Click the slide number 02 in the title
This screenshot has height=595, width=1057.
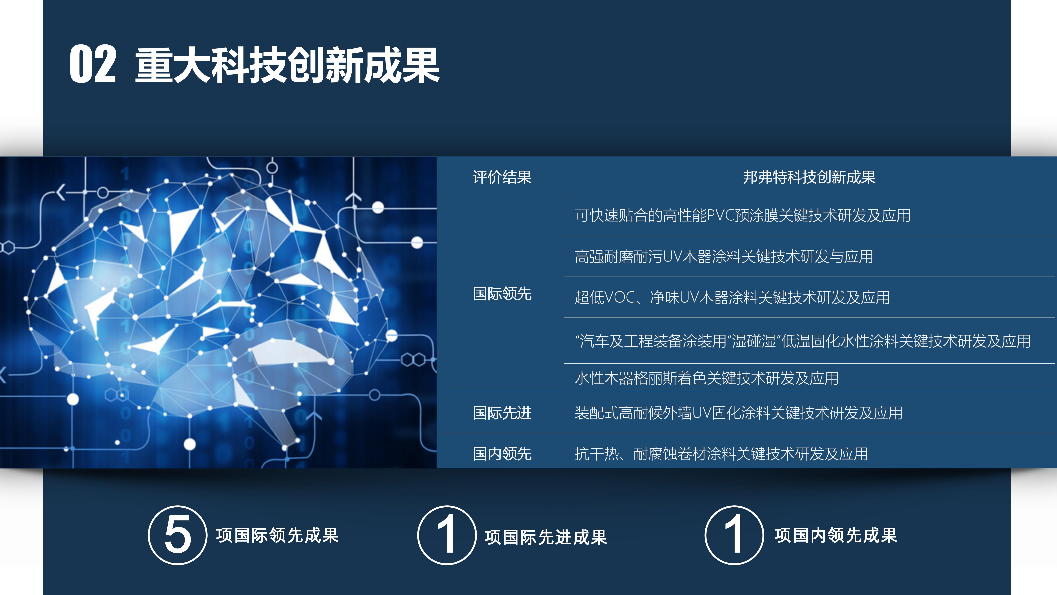click(x=93, y=64)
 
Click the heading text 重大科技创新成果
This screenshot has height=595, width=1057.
click(x=287, y=65)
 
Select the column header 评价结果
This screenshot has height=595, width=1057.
click(x=502, y=177)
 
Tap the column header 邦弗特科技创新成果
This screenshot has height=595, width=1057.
click(x=809, y=177)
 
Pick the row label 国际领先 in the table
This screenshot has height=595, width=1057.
click(x=502, y=294)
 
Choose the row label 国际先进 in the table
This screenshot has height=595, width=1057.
click(x=502, y=413)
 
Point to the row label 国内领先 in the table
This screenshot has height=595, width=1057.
click(x=502, y=454)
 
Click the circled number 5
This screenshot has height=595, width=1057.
click(x=177, y=535)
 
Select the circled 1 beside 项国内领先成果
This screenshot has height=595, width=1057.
click(x=734, y=535)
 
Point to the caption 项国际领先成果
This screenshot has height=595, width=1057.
click(x=277, y=535)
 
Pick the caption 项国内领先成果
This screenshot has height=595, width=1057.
click(x=836, y=535)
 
